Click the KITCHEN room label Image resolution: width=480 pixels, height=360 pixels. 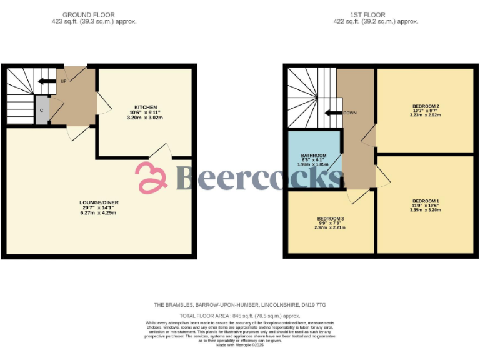(x=145, y=107)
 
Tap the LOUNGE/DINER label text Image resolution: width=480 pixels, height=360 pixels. (x=99, y=202)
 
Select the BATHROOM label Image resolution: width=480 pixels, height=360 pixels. (x=313, y=155)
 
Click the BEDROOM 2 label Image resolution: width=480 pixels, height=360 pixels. (x=425, y=106)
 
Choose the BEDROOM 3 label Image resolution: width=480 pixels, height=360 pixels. (x=329, y=218)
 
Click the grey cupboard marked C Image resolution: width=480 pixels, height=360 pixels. (x=41, y=111)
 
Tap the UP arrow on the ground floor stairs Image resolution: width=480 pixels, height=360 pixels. (x=46, y=81)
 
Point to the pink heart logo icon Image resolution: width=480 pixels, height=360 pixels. (x=152, y=177)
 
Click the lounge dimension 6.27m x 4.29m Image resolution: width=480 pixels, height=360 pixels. (x=99, y=213)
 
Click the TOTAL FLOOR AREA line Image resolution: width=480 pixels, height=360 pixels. (x=240, y=316)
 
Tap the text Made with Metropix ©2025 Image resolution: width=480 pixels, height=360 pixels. (x=240, y=345)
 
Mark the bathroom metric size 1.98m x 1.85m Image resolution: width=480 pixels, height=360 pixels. (x=313, y=164)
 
